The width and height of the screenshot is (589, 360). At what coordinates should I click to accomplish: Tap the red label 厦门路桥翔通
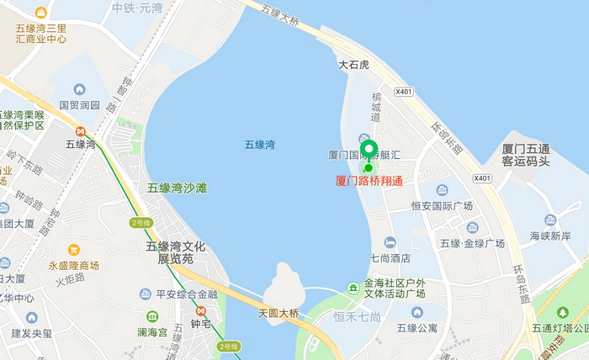point(369,181)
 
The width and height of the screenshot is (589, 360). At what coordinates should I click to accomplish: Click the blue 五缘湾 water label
point(260,145)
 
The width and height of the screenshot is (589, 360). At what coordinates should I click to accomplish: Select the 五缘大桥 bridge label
point(281,13)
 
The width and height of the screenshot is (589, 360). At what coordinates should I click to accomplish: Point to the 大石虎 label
point(354,65)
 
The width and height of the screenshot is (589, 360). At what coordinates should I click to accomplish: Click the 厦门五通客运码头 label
point(526,155)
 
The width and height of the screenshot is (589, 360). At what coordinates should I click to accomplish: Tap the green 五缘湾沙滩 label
point(177,188)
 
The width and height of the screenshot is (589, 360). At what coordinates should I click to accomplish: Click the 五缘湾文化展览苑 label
point(176,252)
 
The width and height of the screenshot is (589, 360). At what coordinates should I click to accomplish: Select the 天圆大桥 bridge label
point(279,314)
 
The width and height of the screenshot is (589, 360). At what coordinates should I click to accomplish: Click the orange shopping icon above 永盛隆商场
point(74,250)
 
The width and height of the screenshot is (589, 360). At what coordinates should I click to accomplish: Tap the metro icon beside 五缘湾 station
point(81,131)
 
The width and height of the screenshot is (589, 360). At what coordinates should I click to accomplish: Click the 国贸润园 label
point(79,106)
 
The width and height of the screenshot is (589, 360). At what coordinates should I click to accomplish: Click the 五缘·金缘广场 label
point(472,243)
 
